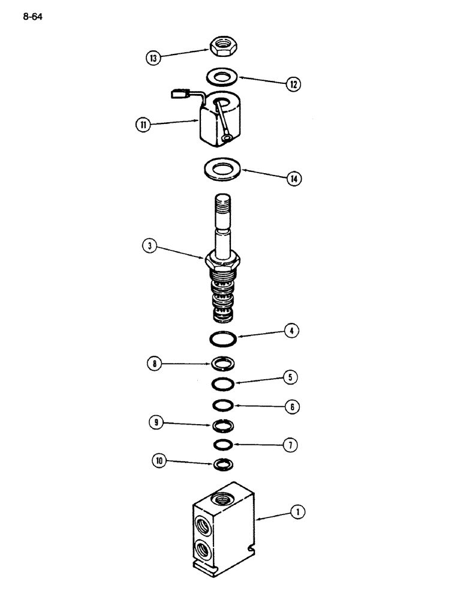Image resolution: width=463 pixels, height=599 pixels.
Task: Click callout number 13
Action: click(x=154, y=58)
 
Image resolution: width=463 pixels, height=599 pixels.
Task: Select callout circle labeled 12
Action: click(x=293, y=84)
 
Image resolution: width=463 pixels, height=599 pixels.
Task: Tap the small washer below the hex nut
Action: click(x=222, y=76)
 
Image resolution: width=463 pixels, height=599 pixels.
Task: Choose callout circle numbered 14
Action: click(x=293, y=179)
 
